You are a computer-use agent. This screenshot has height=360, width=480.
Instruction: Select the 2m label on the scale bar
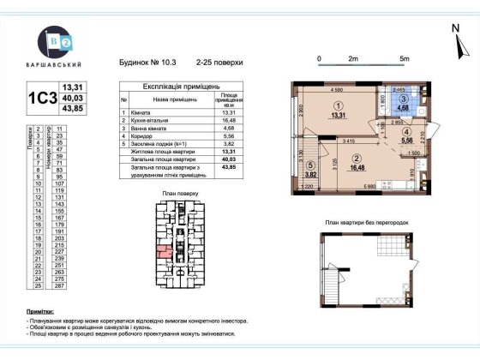[x=352, y=58]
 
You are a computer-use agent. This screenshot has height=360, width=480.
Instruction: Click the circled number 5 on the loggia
[x=310, y=166]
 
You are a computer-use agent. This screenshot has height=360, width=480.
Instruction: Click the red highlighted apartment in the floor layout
[x=162, y=251]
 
